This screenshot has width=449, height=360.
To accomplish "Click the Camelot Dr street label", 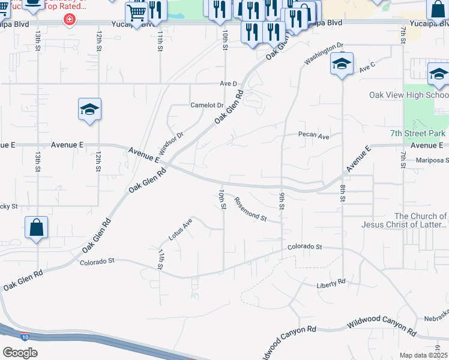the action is pos(206,105).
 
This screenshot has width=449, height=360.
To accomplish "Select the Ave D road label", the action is pos(229,83).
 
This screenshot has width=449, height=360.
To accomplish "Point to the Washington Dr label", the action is pos(323,53).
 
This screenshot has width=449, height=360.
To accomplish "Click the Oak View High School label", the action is pos(409,95).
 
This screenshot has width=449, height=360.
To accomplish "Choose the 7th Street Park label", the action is pos(417,133).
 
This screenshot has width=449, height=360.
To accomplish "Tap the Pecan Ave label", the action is pos(315,136).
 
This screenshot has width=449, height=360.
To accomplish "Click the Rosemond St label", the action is pos(250,209).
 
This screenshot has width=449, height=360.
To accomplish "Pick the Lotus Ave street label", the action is pos(180,229).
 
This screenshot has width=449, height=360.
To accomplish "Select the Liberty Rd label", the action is pos(331,282).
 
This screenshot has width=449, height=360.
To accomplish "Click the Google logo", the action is pos(20,353).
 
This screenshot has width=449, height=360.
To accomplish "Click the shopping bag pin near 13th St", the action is pos(37,228).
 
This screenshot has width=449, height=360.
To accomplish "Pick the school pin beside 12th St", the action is pos(89,110).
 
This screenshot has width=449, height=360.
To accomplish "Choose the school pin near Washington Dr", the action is pos(342,65).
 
